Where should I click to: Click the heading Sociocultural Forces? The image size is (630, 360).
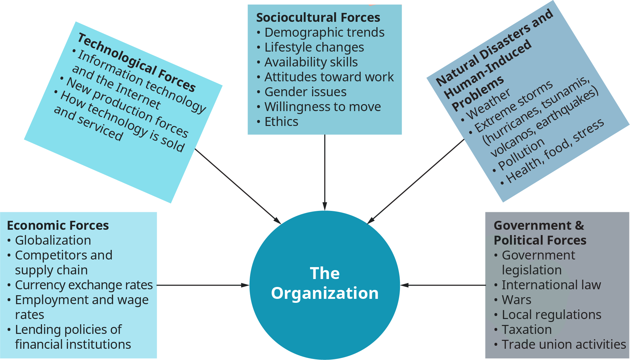[318, 18]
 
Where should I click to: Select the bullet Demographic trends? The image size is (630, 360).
[324, 32]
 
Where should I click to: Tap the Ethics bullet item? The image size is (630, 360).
[281, 122]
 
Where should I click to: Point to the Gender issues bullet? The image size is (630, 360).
[305, 92]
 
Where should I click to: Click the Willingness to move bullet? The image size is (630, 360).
[323, 107]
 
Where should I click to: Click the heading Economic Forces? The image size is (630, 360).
[58, 225]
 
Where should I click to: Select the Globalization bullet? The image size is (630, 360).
[53, 240]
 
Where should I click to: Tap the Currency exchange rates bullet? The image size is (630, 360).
[84, 285]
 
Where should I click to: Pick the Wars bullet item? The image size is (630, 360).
[516, 300]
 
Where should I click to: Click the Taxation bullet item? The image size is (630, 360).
[527, 330]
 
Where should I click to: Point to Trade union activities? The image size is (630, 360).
[564, 344]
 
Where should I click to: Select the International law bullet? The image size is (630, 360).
[551, 285]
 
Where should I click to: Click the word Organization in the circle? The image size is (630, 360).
[325, 293]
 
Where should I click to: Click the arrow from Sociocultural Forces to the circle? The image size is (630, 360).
[325, 172]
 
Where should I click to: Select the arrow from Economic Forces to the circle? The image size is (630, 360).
[203, 285]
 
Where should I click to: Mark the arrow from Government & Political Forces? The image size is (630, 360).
[443, 285]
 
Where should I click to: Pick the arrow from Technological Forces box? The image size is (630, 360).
[238, 186]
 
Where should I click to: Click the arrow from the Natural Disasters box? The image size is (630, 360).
[416, 181]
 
